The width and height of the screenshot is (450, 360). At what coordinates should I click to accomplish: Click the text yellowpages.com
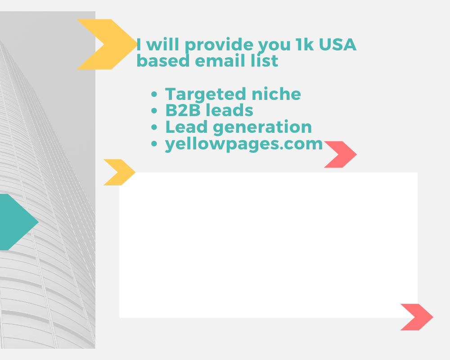(x=244, y=144)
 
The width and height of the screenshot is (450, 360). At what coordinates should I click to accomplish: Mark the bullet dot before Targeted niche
(x=155, y=95)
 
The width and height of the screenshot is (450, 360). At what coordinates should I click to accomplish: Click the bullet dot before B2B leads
(x=155, y=111)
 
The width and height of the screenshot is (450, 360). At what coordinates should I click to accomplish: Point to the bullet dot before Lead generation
(x=155, y=128)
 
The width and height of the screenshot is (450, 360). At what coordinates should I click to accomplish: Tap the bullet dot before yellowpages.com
(x=155, y=144)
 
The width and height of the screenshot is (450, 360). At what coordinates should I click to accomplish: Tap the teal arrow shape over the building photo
(x=18, y=222)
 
